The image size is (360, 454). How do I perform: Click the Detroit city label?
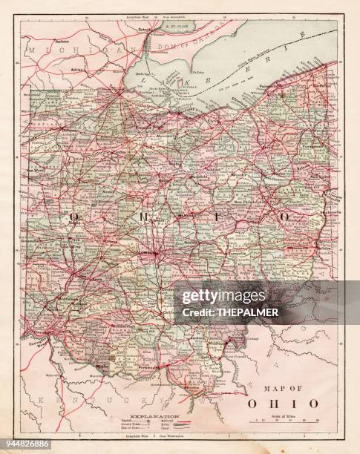coord(157,29)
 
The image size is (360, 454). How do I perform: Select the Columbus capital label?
coord(154,256)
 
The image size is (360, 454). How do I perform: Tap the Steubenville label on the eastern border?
coord(330,213)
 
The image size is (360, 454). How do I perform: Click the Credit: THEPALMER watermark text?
coord(248,312)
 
